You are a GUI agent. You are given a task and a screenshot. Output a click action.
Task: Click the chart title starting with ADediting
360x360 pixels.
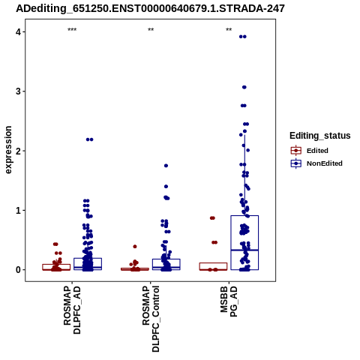[150, 9]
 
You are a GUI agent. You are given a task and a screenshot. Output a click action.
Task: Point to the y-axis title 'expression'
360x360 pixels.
[8, 150]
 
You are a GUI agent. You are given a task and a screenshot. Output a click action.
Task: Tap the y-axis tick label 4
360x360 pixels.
[19, 32]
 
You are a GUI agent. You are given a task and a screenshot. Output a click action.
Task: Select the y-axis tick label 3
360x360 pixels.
[19, 91]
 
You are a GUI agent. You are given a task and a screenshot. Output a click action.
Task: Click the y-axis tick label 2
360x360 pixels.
[19, 151]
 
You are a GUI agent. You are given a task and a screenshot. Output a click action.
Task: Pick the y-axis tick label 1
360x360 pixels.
[19, 211]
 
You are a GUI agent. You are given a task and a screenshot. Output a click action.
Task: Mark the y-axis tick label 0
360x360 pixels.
[19, 270]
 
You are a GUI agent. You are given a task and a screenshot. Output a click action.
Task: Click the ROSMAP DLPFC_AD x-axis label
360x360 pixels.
[72, 310]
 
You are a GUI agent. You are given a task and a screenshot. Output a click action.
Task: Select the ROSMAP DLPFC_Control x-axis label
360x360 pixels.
[151, 319]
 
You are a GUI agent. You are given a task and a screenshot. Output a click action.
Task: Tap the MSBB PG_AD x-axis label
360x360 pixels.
[229, 301]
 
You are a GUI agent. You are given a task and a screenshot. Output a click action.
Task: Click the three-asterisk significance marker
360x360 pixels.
[72, 30]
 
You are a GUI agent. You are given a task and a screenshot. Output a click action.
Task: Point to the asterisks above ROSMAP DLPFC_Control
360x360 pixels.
[151, 30]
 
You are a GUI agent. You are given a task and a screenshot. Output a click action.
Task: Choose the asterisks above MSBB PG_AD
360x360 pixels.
[229, 30]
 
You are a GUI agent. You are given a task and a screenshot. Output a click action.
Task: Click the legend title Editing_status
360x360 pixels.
[320, 136]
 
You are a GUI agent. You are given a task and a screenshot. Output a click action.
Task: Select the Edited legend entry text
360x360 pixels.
[317, 151]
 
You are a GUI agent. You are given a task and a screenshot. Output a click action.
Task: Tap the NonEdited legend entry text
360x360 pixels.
[325, 163]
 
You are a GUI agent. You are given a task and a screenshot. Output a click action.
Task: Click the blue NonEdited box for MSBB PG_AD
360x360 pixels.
[244, 215]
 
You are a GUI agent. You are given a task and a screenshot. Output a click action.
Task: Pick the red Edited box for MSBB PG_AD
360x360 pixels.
[213, 263]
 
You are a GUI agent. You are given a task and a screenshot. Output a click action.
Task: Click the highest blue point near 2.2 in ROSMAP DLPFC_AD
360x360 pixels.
[89, 139]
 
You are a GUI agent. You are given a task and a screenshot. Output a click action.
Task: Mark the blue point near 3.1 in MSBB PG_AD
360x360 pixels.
[244, 87]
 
